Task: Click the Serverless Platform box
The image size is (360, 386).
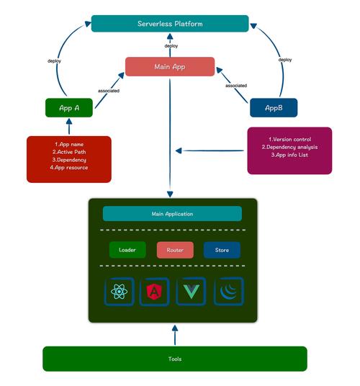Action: [170, 24]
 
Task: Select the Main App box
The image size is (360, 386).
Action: [170, 67]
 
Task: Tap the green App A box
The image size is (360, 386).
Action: [68, 108]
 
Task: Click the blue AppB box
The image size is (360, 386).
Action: [273, 108]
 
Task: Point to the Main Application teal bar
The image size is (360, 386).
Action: [172, 214]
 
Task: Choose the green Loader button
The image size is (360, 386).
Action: [127, 250]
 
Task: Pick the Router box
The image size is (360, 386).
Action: [175, 250]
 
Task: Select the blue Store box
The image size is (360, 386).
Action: [222, 250]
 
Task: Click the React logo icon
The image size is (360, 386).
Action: [120, 292]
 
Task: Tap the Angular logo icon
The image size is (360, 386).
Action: [154, 292]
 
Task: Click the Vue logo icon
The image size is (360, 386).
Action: [191, 292]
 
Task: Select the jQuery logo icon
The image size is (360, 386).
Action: [228, 292]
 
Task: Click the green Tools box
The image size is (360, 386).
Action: [174, 358]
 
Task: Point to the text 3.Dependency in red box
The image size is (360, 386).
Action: [69, 160]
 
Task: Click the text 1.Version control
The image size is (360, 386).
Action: [289, 138]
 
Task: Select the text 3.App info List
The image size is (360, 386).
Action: [289, 155]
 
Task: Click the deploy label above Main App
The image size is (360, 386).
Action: [171, 45]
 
